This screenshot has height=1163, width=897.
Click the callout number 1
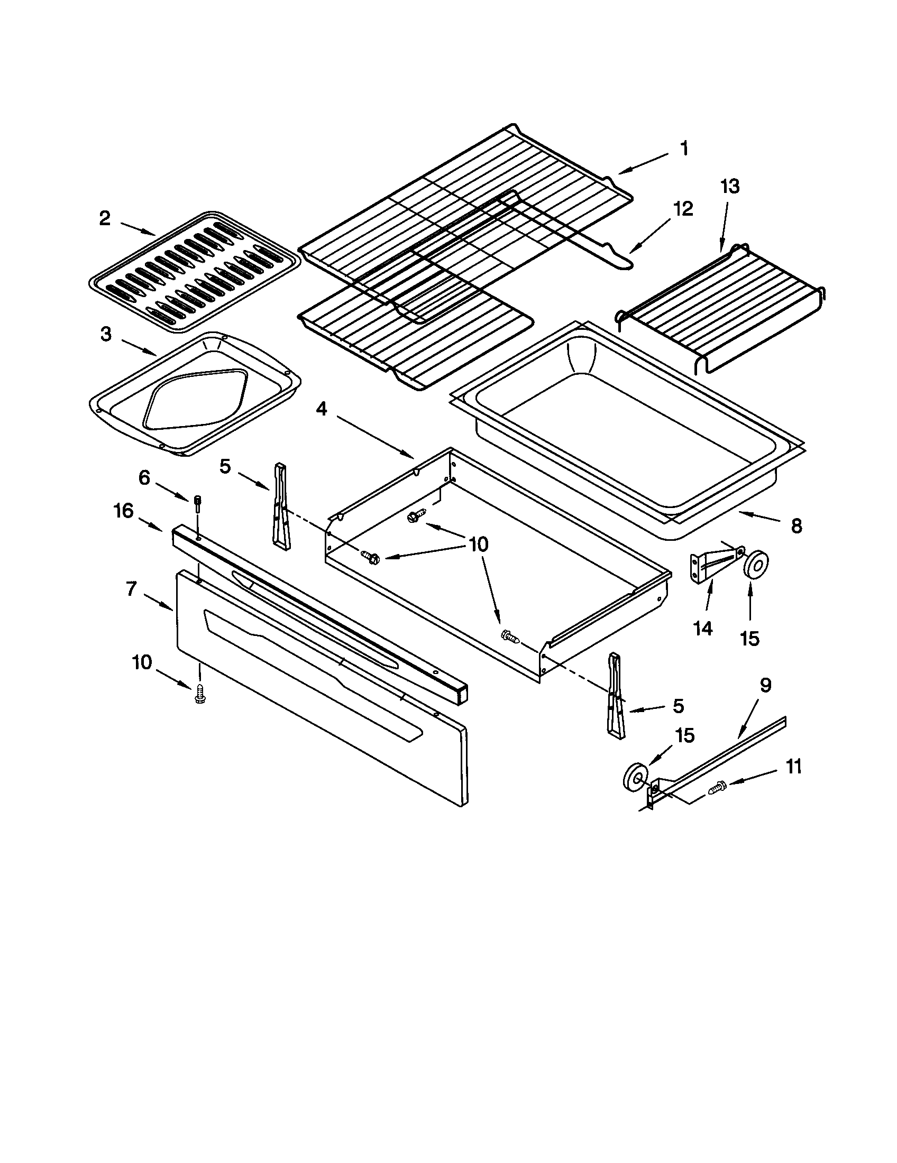coord(684,149)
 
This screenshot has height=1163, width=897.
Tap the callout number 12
coord(683,209)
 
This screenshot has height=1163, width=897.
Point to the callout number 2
coord(105,218)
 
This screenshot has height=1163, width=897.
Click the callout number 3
coord(106,335)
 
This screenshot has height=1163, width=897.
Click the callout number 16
coord(123,511)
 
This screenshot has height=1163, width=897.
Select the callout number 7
coord(131,589)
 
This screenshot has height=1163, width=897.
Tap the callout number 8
coord(796,526)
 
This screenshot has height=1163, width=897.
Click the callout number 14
coord(702,629)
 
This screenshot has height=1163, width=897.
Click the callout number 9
coord(765,686)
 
